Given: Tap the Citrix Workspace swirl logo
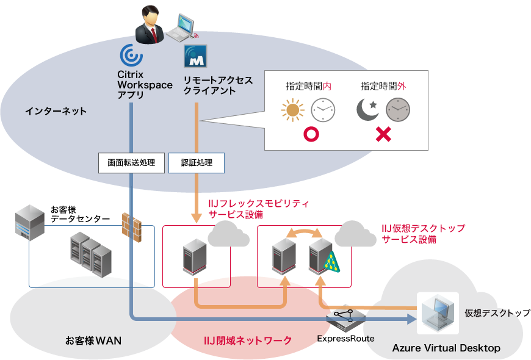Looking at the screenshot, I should tap(131, 56).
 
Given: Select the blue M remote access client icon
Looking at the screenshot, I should tap(195, 56).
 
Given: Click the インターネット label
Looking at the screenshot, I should tap(56, 111).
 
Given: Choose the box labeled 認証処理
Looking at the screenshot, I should tap(197, 163).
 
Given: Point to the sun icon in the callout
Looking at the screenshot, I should tap(292, 110).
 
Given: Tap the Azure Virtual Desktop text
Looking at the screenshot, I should tap(446, 348).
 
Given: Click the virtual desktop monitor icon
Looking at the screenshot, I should tap(437, 312).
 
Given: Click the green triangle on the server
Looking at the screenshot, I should tap(331, 262).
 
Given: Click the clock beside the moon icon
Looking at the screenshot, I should tap(397, 110).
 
